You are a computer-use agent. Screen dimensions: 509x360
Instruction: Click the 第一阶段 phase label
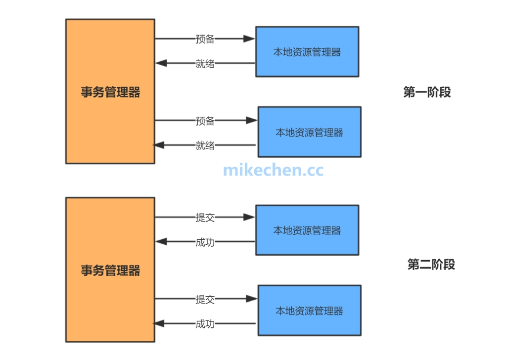tap(427, 92)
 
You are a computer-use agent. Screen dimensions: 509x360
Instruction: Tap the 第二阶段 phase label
tap(431, 264)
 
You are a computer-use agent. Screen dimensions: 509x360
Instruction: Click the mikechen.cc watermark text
tap(274, 170)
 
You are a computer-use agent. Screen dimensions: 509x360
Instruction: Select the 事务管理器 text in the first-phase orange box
tap(110, 92)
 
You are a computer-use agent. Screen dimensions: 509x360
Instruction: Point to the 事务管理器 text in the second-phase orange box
tap(110, 270)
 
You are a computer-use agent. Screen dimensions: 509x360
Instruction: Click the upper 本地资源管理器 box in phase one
tap(307, 51)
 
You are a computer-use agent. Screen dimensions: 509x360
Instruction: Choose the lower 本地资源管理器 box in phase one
tap(309, 132)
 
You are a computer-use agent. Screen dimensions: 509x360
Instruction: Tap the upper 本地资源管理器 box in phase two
tap(307, 230)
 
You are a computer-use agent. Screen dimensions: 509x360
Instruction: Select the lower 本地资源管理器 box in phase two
tap(309, 311)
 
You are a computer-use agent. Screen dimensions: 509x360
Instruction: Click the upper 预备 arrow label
tap(205, 39)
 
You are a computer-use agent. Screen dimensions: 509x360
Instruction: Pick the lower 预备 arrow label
tap(205, 121)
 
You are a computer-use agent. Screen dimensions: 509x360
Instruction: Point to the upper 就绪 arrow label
tap(205, 64)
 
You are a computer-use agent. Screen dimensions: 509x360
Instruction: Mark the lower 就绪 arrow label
tap(205, 145)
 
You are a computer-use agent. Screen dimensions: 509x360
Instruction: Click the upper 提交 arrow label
tap(205, 217)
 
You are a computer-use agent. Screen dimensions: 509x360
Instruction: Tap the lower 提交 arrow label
tap(205, 299)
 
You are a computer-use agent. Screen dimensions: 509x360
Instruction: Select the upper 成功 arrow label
tap(205, 242)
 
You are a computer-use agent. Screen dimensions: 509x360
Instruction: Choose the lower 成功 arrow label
tap(205, 323)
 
